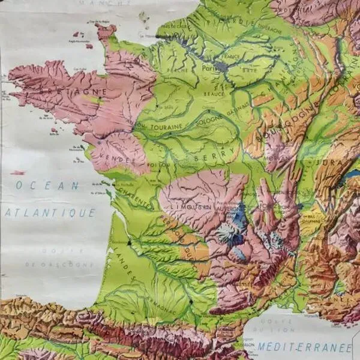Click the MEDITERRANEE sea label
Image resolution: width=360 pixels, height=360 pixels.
305,347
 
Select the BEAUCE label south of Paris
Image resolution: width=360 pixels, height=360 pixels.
217,94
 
